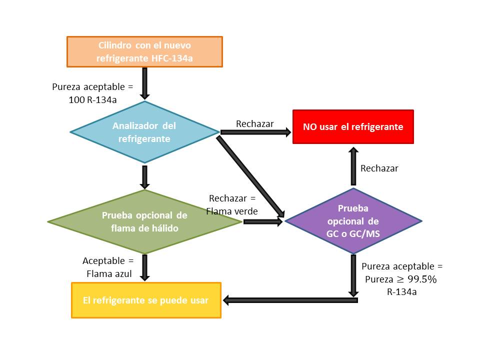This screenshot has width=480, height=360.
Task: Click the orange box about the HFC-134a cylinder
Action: coord(144,51)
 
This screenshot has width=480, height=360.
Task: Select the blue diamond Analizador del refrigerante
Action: coord(144,132)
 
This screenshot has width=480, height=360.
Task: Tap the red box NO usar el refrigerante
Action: coord(353,127)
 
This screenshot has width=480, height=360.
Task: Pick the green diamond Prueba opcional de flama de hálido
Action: coord(144,222)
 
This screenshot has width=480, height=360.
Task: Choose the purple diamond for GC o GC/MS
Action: coord(353,221)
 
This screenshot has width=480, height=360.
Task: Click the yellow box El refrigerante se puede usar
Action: coord(146,300)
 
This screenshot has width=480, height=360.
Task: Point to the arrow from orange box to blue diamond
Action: coord(144,83)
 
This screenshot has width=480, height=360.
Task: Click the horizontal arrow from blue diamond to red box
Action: coord(255,132)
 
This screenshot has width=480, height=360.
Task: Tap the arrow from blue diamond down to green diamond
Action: coord(144,176)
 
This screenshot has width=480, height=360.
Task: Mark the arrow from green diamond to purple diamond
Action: coord(263,221)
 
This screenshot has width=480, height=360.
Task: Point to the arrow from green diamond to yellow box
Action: coord(145,267)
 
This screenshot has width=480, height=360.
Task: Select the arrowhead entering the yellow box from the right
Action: coord(227,300)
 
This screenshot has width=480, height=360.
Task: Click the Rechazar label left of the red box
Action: coord(254,123)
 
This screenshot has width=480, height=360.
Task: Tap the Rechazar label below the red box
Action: coord(379,168)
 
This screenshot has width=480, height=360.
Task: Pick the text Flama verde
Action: coord(232,211)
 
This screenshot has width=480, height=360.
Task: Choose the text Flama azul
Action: coord(108,273)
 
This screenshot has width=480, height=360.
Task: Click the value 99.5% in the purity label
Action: coord(423,279)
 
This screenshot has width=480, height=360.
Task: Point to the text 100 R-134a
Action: coord(92,99)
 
